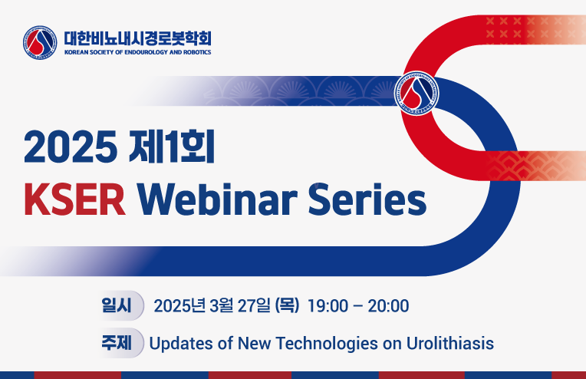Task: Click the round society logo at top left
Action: tap(40, 43)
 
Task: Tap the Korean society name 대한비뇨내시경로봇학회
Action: tap(138, 38)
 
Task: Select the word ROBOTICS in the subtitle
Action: tap(197, 52)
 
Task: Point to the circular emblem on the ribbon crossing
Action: tap(416, 93)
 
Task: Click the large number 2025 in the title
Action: tap(71, 147)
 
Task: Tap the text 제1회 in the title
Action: tap(172, 147)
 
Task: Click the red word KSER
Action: tap(74, 199)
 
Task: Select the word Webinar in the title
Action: tap(218, 199)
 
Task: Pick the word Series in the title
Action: tap(367, 199)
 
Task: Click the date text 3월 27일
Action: tap(239, 306)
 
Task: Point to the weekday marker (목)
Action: tap(288, 306)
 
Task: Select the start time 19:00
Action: tap(328, 306)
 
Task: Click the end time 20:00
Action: tap(388, 306)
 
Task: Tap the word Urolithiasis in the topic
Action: tap(450, 343)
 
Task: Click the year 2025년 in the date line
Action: tap(179, 306)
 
